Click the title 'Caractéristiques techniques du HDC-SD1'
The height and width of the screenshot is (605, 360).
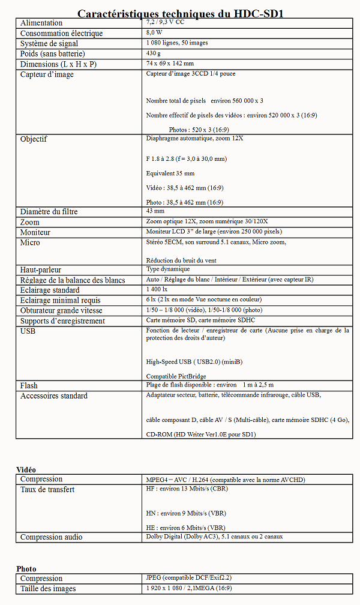(180, 13)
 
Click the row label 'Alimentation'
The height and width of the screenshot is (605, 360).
(41, 23)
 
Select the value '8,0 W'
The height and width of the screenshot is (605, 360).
(154, 33)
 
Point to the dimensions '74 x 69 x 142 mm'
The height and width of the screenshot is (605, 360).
(170, 64)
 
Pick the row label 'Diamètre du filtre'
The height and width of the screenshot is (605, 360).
(49, 212)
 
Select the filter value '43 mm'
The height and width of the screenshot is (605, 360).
(155, 211)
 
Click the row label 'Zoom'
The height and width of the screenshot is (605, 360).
(30, 222)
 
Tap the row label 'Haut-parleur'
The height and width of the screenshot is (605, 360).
(41, 270)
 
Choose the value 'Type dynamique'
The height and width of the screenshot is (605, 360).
(168, 269)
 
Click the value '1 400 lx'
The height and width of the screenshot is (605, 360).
(157, 290)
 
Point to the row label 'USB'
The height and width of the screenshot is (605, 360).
(28, 331)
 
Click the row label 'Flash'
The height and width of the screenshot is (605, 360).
(29, 385)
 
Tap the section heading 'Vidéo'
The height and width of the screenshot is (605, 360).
(26, 469)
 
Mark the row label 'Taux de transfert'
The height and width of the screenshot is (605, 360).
(47, 490)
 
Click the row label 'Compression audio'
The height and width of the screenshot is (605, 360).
(52, 537)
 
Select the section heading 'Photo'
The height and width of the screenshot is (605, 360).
(26, 568)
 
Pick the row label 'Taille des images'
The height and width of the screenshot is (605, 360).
(48, 589)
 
